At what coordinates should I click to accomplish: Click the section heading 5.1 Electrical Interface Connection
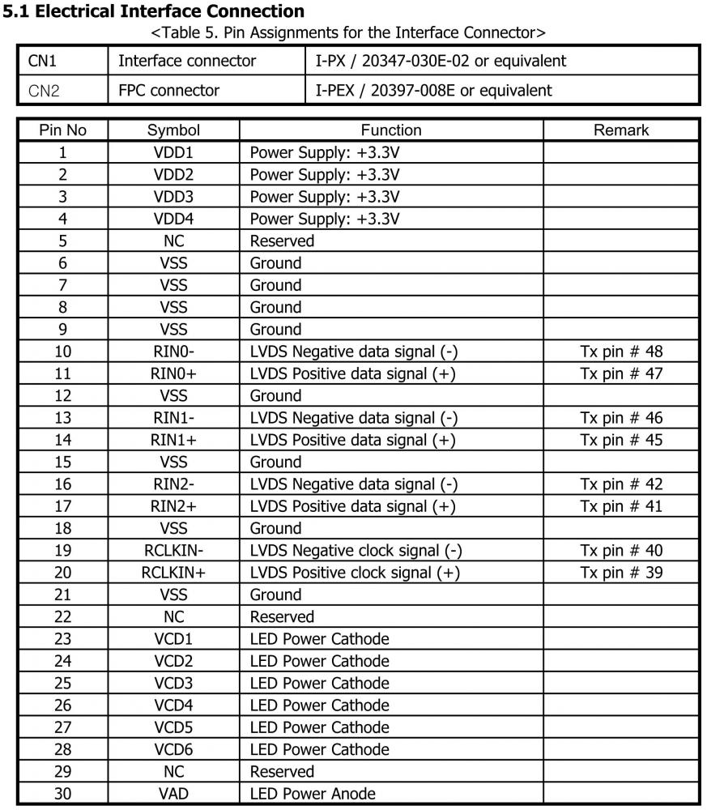click(154, 11)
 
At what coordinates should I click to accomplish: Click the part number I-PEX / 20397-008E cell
click(433, 90)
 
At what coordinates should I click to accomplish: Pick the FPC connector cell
click(168, 90)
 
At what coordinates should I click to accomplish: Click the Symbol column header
click(173, 130)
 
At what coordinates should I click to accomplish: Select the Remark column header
click(621, 130)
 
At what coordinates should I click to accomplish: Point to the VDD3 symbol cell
click(173, 196)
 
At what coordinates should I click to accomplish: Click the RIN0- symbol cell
click(173, 352)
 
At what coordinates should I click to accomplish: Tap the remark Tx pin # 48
click(621, 352)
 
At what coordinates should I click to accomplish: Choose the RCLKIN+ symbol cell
click(173, 573)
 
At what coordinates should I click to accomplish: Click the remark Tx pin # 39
click(621, 573)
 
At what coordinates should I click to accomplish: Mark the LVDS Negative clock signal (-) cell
click(356, 551)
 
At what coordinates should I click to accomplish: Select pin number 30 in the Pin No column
click(62, 794)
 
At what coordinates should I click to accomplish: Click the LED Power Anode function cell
click(313, 794)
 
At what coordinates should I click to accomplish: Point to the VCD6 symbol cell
click(173, 749)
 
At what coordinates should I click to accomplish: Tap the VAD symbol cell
click(173, 794)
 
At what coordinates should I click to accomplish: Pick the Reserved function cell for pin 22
click(282, 617)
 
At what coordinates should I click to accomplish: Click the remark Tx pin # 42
click(621, 484)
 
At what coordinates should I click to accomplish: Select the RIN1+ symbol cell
click(173, 440)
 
